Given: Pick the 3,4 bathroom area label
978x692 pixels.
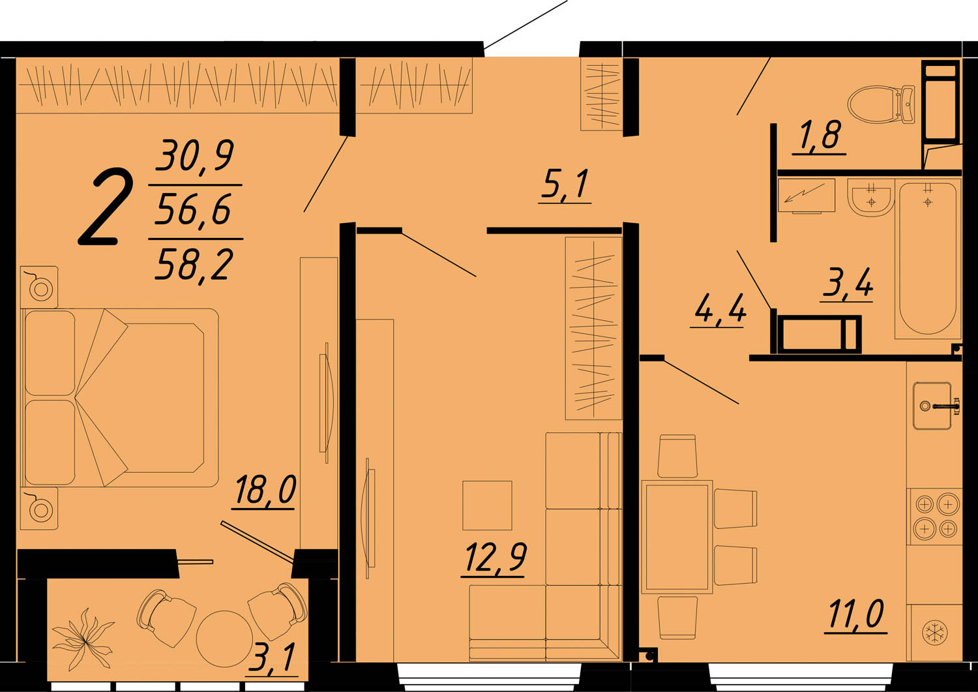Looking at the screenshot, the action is coord(848,283).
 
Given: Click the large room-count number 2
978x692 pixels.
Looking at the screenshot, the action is coord(105,208).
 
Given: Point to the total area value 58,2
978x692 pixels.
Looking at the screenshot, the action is coord(194,264).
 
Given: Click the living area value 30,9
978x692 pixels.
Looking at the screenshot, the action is coord(195,155).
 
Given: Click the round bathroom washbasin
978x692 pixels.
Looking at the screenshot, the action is coord(869,198).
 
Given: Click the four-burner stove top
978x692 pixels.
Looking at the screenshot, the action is coord(935,517).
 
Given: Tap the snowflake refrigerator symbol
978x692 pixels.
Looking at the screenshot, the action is coord(934,632).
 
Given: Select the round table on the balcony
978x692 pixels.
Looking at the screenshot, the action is coord(224,639).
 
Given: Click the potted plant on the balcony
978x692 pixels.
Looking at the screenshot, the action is coord(82,639).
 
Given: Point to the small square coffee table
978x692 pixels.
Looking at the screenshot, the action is coord(487,505).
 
